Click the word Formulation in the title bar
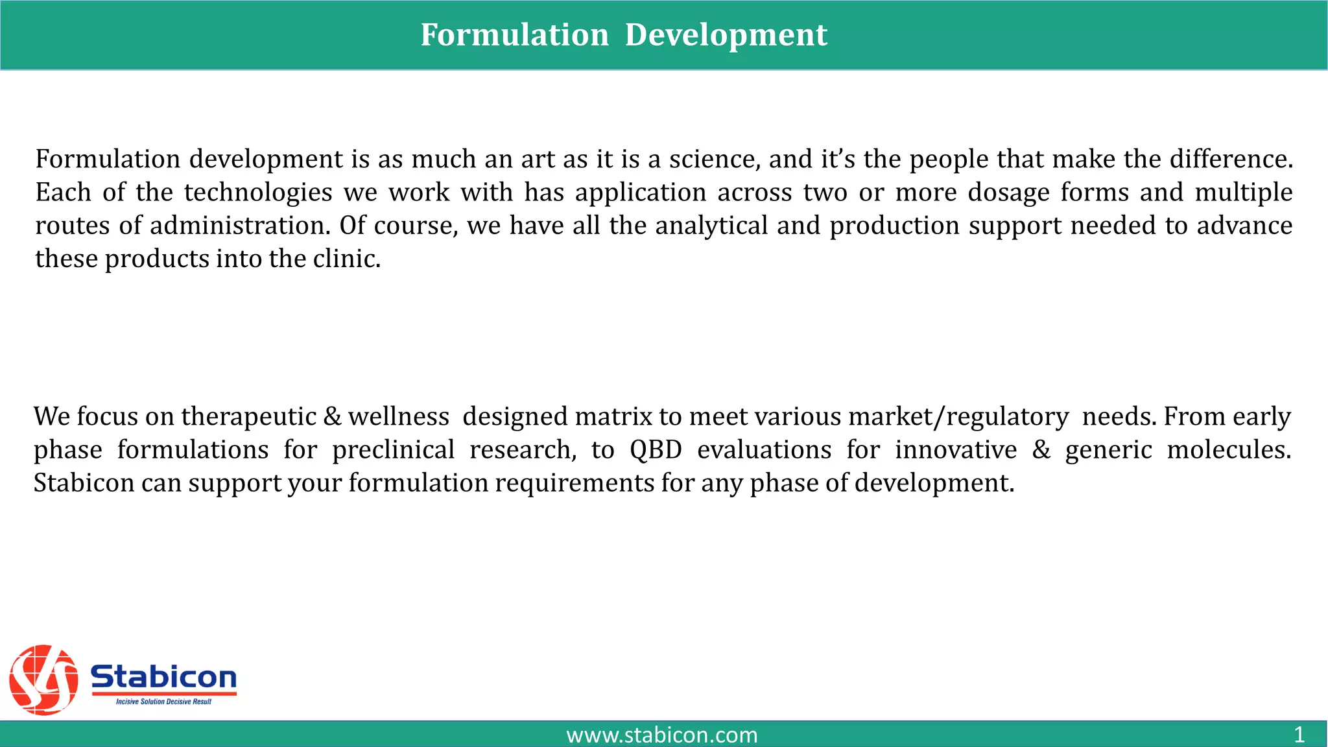tap(514, 35)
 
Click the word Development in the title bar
tap(726, 35)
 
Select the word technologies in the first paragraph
tap(258, 193)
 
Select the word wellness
tap(398, 417)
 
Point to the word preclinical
tap(393, 450)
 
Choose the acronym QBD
tap(656, 450)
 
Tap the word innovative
tap(956, 450)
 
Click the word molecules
tap(1228, 450)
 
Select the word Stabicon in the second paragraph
tap(84, 483)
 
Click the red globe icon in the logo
tap(43, 680)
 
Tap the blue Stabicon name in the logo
tap(163, 677)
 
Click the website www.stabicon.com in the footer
tap(661, 735)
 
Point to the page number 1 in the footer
tap(1299, 735)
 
